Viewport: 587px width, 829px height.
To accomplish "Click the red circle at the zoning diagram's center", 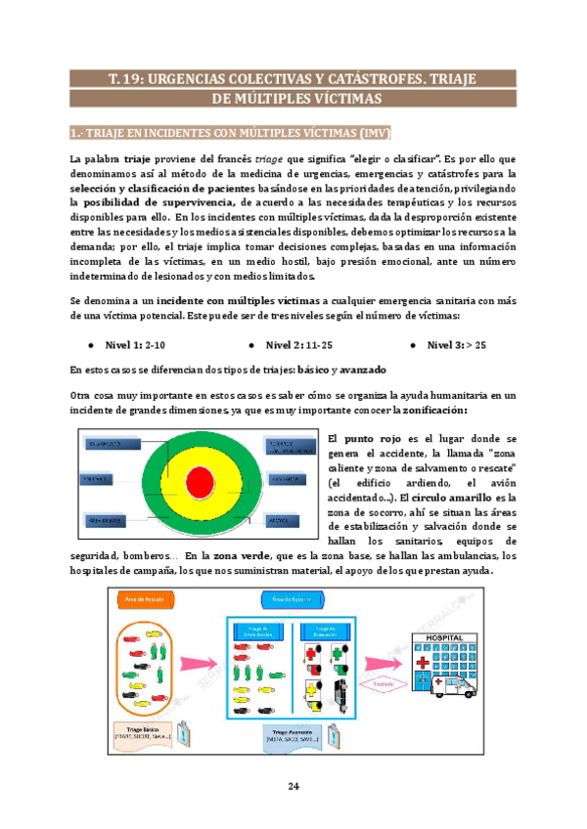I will click(x=199, y=481).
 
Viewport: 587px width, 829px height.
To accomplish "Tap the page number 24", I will click(x=293, y=787).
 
